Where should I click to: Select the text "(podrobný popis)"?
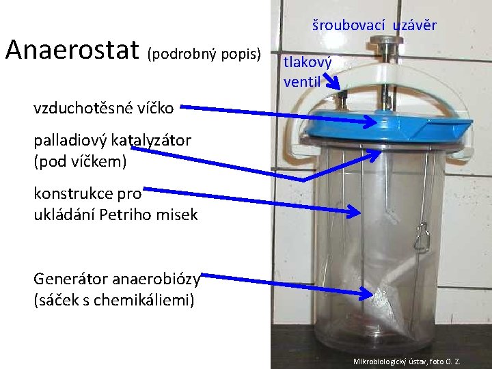[204, 53]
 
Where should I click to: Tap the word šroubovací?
[348, 26]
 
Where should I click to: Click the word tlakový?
[307, 63]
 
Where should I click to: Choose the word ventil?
[302, 82]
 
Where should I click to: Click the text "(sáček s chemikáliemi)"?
[113, 299]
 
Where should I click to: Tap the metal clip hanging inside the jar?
[422, 236]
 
